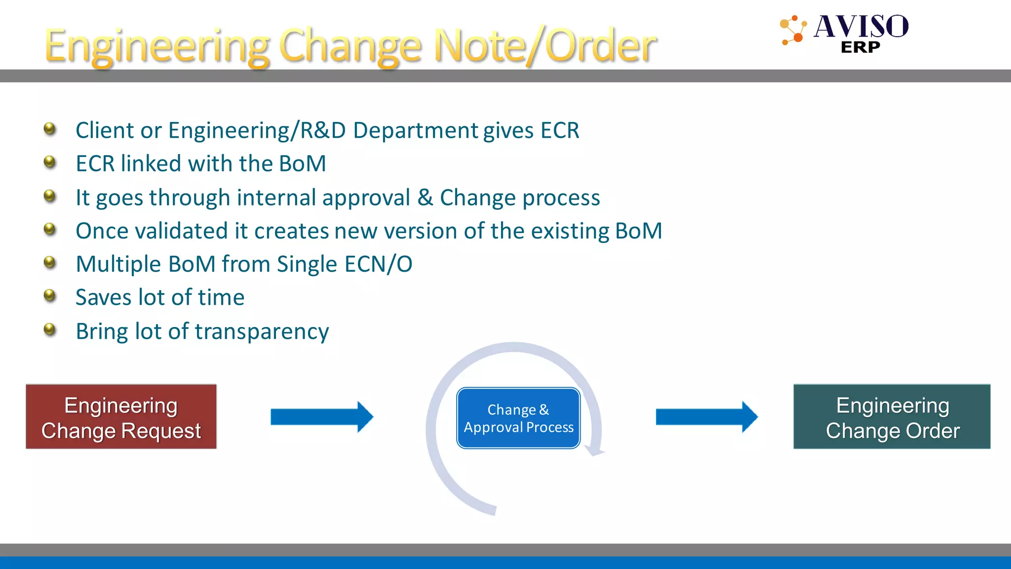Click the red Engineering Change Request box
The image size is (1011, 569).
pyautogui.click(x=121, y=416)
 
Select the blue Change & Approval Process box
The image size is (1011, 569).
pyautogui.click(x=518, y=418)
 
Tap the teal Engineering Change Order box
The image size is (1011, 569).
pyautogui.click(x=892, y=416)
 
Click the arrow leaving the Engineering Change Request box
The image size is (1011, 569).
pyautogui.click(x=321, y=417)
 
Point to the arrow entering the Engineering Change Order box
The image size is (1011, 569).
pyautogui.click(x=706, y=417)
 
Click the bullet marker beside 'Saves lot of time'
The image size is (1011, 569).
pyautogui.click(x=50, y=295)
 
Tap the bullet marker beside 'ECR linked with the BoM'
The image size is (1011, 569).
pyautogui.click(x=50, y=162)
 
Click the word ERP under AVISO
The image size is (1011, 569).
pyautogui.click(x=860, y=47)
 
